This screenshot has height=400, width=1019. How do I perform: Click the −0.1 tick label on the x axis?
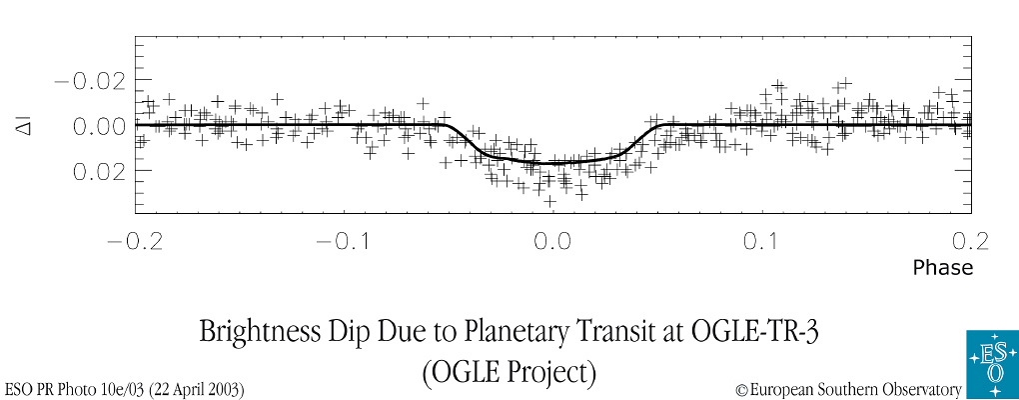pyautogui.click(x=343, y=242)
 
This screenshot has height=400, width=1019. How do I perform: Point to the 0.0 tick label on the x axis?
pyautogui.click(x=552, y=242)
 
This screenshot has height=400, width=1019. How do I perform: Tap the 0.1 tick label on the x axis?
pyautogui.click(x=762, y=242)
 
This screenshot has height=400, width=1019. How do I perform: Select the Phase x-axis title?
pyautogui.click(x=942, y=268)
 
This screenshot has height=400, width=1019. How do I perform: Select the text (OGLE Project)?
pyautogui.click(x=509, y=372)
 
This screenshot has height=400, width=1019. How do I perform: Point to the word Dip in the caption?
pyautogui.click(x=354, y=333)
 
